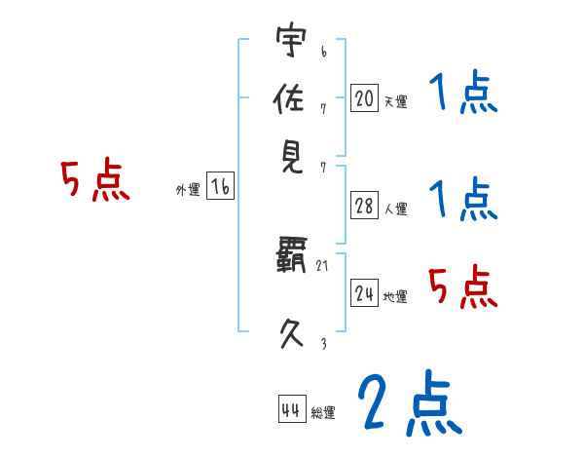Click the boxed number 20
364,97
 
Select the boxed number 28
364,206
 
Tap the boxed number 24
364,293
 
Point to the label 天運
395,101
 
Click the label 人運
395,209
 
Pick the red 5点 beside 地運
462,286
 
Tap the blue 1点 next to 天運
462,95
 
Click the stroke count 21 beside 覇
323,266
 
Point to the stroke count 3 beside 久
323,342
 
